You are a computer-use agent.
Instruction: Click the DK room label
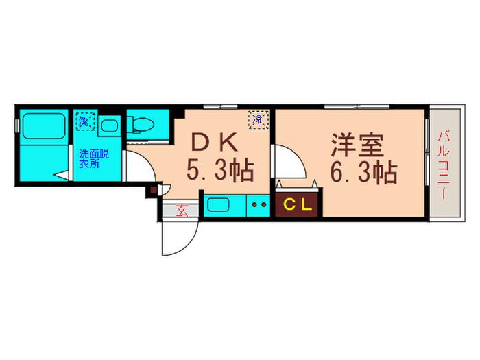click(x=214, y=142)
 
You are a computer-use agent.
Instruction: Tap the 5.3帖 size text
click(x=220, y=171)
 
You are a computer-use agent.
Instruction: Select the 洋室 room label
click(x=357, y=145)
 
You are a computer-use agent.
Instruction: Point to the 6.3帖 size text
click(x=363, y=173)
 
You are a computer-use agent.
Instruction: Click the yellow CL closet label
click(x=298, y=205)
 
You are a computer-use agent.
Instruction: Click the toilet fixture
click(x=141, y=124)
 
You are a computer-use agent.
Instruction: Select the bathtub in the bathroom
click(x=45, y=125)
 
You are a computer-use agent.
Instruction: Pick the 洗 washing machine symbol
click(x=86, y=121)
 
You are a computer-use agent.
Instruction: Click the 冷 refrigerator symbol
click(x=259, y=120)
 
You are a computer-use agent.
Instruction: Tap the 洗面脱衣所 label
click(x=94, y=158)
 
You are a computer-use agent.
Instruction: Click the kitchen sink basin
click(x=218, y=204)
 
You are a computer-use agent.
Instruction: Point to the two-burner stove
click(x=259, y=205)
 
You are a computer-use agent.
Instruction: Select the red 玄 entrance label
click(x=182, y=211)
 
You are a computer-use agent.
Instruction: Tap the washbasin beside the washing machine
click(x=109, y=125)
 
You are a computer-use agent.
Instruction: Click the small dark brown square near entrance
click(x=153, y=191)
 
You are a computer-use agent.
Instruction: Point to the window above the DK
click(x=221, y=107)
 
